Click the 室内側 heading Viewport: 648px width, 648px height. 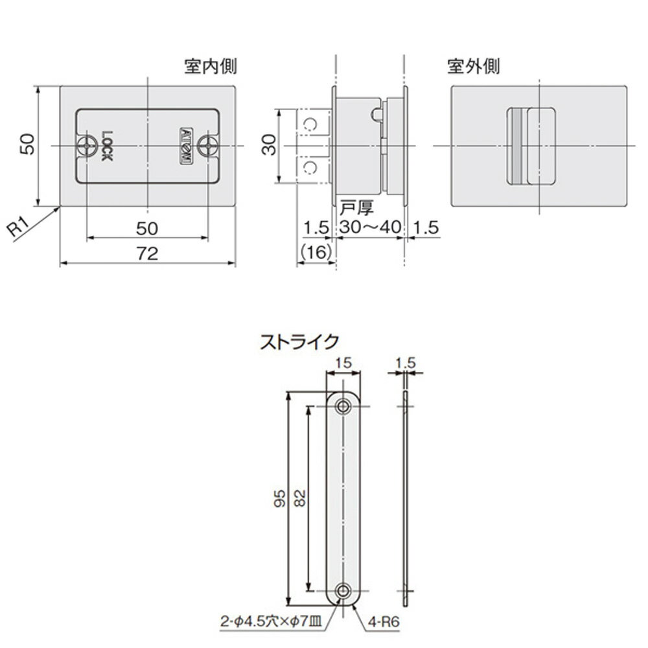coord(211,66)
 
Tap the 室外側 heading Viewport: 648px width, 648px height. coord(474,66)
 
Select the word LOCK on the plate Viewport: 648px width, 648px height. coord(107,146)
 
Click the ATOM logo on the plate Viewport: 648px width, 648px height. coord(185,146)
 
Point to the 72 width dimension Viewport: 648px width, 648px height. coord(148,254)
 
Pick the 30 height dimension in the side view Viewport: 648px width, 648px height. coord(269,145)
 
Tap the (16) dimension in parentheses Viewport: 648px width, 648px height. coord(317,251)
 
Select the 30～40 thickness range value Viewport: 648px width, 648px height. coord(370,227)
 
